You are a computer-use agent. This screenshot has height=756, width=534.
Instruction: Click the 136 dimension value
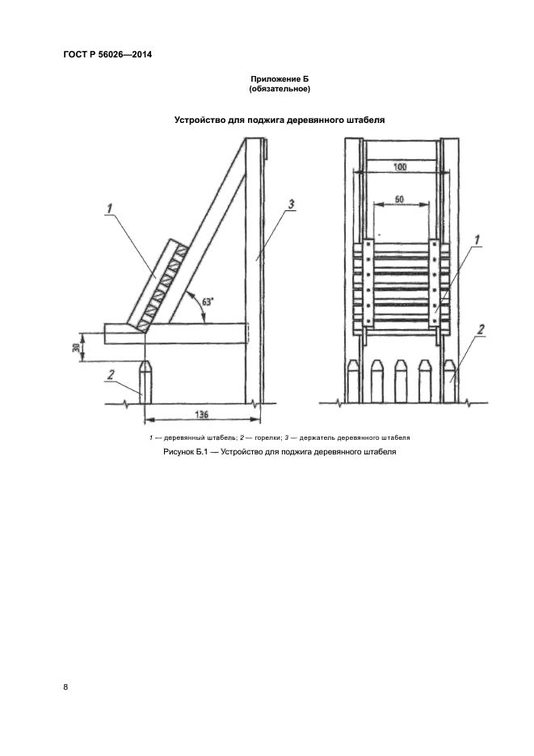click(x=202, y=415)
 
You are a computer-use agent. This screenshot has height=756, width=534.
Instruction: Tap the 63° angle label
click(x=208, y=302)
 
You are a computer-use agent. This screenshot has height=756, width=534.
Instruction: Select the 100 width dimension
click(x=400, y=167)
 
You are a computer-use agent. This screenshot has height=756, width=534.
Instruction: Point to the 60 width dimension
click(x=399, y=198)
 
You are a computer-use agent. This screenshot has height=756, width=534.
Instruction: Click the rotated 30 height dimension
click(x=76, y=347)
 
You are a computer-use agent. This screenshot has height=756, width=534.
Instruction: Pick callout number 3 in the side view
click(x=291, y=205)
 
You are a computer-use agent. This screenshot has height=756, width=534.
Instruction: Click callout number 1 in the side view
click(x=109, y=209)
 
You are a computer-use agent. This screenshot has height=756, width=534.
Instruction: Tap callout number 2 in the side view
click(x=111, y=374)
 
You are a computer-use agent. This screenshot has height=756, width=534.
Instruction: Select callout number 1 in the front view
click(x=477, y=239)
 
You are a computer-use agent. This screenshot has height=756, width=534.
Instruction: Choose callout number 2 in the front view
click(x=480, y=330)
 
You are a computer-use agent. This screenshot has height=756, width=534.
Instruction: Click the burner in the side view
click(x=146, y=382)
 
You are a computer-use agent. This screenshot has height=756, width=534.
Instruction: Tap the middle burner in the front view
click(x=401, y=382)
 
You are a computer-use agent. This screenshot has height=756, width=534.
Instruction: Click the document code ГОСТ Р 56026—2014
click(x=107, y=54)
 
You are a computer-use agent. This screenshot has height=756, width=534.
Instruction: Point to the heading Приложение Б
click(x=280, y=79)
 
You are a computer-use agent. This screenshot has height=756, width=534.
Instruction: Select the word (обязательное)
click(x=280, y=89)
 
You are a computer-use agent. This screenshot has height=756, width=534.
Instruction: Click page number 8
click(x=65, y=687)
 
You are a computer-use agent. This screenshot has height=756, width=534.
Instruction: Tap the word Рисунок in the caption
click(x=179, y=452)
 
